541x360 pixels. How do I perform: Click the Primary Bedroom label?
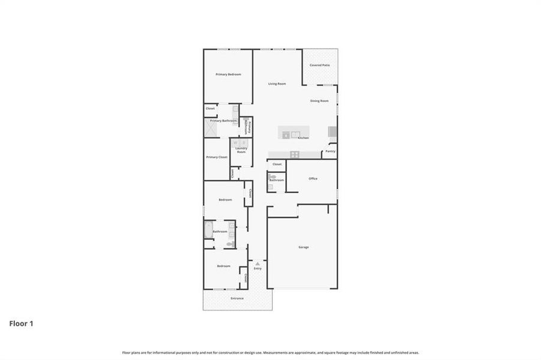[228, 74]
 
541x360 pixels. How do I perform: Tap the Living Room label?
[277, 84]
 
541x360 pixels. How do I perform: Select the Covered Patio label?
[319, 65]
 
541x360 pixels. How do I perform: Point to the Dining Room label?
[319, 101]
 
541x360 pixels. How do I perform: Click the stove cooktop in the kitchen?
[295, 154]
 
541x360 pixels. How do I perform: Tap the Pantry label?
[330, 151]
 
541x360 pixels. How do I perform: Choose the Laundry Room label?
[241, 150]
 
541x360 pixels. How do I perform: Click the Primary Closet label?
[217, 157]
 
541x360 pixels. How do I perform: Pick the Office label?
[313, 179]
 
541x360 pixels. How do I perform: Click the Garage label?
[304, 247]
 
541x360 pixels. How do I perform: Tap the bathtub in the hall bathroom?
[208, 230]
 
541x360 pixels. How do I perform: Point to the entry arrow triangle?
[258, 263]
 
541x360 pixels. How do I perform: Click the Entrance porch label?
[237, 298]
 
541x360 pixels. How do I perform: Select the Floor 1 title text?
[21, 324]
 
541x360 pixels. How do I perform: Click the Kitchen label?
[303, 139]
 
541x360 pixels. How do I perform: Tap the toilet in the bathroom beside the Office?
[271, 177]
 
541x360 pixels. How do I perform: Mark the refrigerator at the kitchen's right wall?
[332, 132]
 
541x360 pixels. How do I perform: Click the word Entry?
[258, 269]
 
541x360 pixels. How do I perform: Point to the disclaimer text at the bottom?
[270, 353]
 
